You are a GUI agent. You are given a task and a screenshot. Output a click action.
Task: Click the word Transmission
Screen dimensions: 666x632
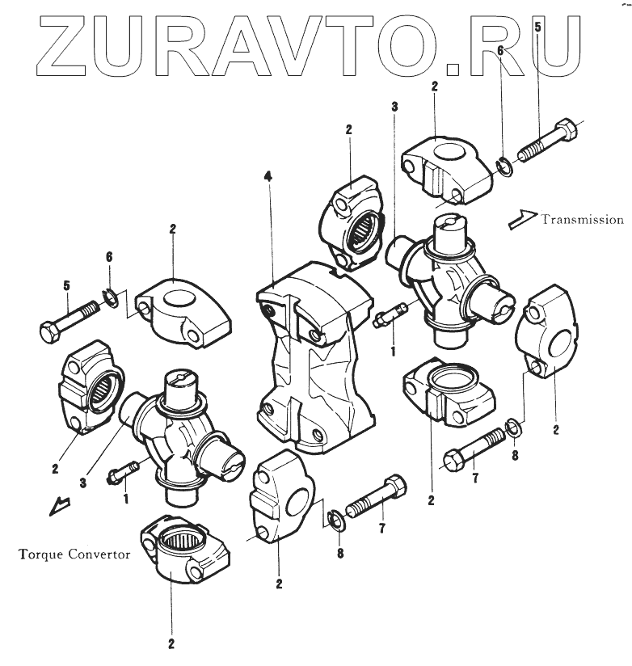[582, 219]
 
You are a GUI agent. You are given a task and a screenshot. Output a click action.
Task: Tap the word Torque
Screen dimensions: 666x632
[37, 555]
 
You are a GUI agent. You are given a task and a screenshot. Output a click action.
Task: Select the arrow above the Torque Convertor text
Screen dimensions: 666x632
[58, 505]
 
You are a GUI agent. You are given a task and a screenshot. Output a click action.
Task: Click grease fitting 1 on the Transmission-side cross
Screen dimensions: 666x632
[392, 314]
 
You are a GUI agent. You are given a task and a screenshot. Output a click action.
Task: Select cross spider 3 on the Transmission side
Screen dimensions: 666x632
[449, 275]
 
